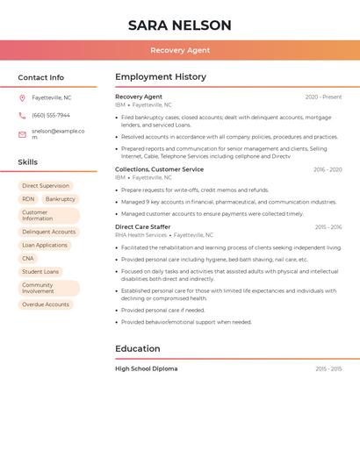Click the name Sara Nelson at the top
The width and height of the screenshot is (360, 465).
tap(180, 25)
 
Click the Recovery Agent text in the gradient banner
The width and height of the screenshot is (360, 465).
tap(180, 50)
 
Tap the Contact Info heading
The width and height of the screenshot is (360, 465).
tap(41, 77)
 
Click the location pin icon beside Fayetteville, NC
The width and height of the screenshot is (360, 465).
tap(22, 97)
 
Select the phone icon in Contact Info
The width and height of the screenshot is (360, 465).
tap(22, 115)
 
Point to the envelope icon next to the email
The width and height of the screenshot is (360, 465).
tap(22, 134)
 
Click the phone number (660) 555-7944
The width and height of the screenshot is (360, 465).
tap(51, 115)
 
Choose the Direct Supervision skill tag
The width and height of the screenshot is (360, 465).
tap(46, 186)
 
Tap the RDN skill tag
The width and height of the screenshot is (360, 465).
tap(28, 199)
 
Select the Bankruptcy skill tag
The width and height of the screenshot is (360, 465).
tap(61, 199)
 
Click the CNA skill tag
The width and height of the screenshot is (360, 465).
tap(28, 259)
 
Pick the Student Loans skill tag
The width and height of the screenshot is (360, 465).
tap(40, 272)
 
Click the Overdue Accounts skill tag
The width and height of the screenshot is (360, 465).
tap(46, 304)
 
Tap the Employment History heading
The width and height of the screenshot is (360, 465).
tap(161, 77)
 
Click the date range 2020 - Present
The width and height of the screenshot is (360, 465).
tap(323, 97)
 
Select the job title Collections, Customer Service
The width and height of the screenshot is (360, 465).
tap(159, 169)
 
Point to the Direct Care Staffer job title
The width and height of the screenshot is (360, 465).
tap(142, 226)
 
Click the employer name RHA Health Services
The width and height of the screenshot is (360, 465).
tap(140, 235)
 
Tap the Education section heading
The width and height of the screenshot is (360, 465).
tap(138, 348)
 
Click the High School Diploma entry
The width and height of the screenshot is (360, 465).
tap(146, 368)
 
